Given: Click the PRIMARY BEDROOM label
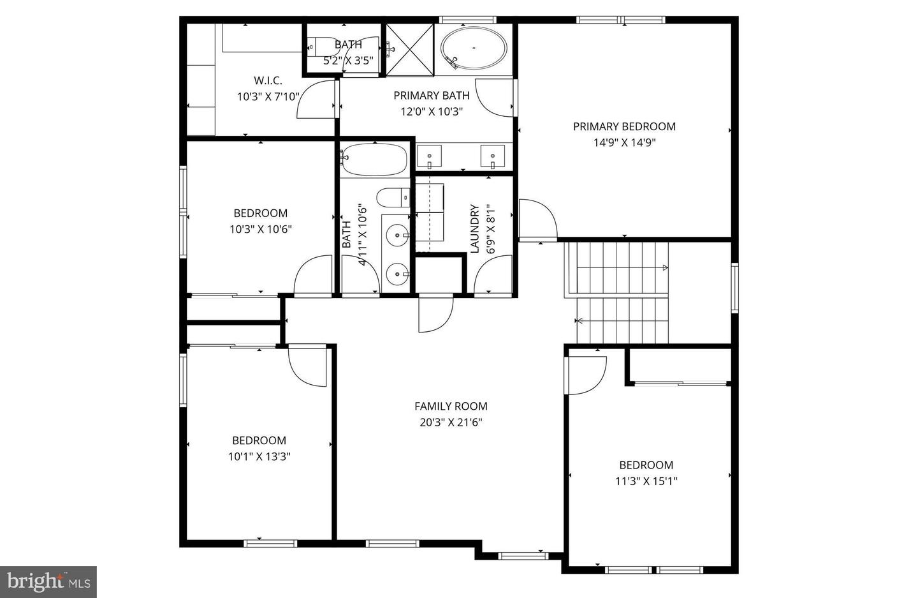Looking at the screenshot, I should [624, 126].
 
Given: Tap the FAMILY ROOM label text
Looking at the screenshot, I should [451, 406].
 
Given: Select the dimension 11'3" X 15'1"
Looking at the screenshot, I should [646, 481].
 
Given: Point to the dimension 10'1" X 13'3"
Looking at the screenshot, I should [259, 456].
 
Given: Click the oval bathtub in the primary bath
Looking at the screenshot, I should [474, 49].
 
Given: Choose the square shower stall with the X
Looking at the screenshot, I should [410, 49].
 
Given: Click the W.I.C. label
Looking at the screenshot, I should [268, 80].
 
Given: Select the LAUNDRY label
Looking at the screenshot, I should [474, 228].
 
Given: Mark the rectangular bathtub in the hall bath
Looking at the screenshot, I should [374, 159].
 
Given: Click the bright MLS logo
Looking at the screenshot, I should [48, 581].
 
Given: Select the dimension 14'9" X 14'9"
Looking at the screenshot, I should [624, 142].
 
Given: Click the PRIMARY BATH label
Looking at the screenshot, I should [431, 95].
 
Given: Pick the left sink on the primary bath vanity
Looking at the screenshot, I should [430, 156].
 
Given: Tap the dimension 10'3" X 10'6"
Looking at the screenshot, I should [260, 229].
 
